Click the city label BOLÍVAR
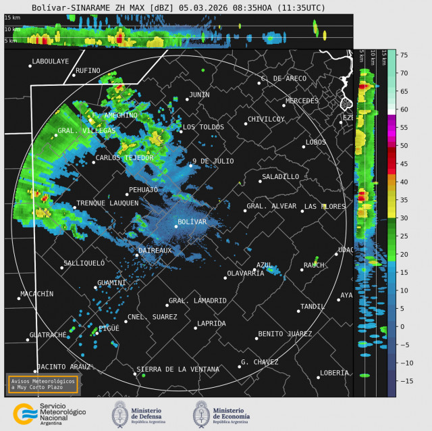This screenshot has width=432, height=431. click(192, 222)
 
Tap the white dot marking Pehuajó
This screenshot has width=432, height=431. click(126, 195)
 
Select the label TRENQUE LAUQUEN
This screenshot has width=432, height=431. click(107, 203)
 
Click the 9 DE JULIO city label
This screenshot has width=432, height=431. click(213, 161)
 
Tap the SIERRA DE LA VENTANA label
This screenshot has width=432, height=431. click(178, 369)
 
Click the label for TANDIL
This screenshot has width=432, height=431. click(313, 307)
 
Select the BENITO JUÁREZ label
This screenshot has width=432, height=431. click(285, 334)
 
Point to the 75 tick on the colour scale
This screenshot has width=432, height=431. click(404, 55)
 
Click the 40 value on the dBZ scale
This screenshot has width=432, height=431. click(404, 182)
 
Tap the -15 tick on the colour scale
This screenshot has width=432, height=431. click(403, 381)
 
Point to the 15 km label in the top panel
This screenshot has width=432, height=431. click(11, 18)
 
